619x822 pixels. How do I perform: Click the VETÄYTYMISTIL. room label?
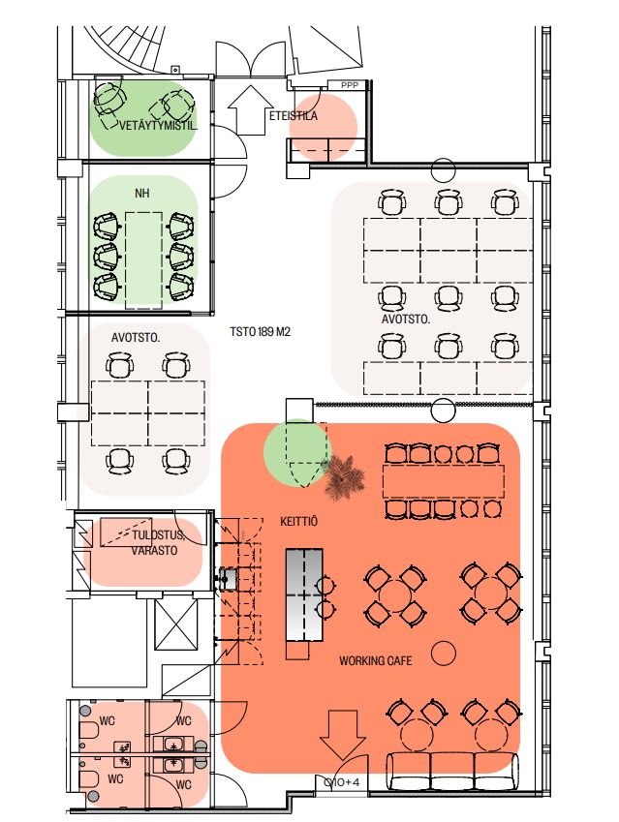159,126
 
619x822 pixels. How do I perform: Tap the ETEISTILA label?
294,116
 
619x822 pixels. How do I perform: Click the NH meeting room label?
142,194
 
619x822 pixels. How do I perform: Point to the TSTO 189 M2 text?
260,332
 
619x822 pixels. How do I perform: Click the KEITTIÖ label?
298,522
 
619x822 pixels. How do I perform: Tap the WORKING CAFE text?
376,660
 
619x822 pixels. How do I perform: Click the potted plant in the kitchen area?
344,477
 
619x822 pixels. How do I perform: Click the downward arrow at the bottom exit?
343,735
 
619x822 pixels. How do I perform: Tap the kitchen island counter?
304,595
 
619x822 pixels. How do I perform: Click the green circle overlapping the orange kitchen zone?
297,453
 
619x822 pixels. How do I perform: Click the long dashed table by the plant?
444,481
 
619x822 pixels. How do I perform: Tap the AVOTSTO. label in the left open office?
136,338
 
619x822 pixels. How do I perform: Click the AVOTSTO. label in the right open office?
406,319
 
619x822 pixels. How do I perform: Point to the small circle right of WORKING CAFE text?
444,653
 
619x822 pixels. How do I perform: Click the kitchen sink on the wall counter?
228,577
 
